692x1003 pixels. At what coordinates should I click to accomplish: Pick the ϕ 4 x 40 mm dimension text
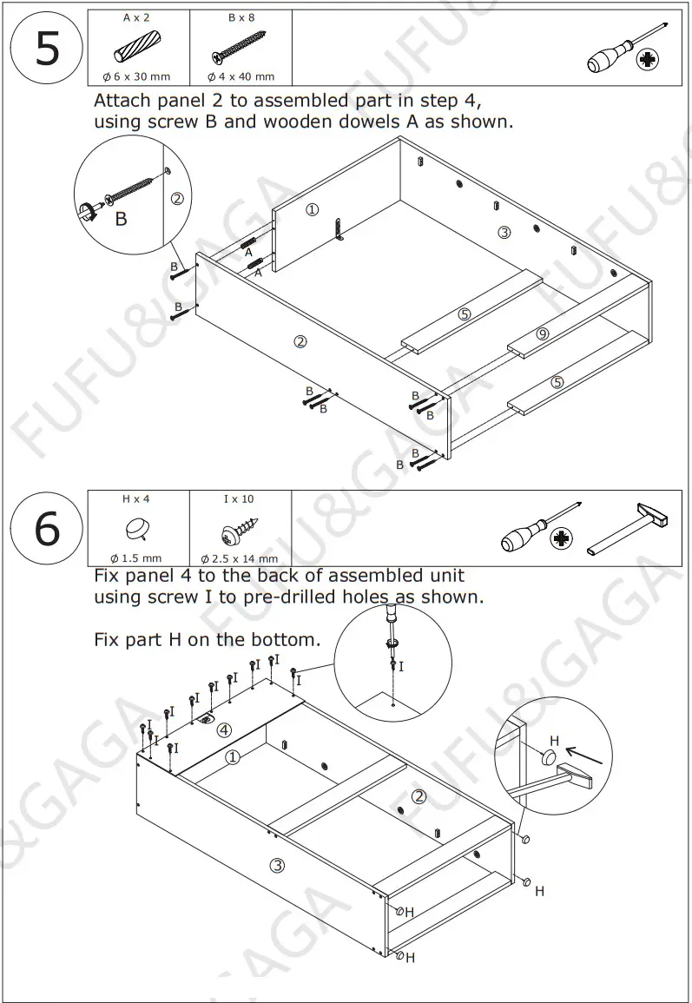[x=241, y=77]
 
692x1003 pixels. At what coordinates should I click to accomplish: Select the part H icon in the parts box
[x=137, y=527]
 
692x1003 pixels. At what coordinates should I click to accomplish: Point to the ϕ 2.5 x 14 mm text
[x=240, y=559]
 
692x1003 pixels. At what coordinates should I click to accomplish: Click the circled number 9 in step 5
[x=543, y=333]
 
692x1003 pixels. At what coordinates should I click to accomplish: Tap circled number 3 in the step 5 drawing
[x=504, y=231]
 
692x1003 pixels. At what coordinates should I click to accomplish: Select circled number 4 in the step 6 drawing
[x=223, y=729]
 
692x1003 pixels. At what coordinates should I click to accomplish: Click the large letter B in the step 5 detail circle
[x=121, y=220]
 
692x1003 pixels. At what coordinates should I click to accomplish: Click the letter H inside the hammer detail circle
[x=555, y=741]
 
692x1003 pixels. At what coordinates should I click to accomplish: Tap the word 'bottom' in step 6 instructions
[x=284, y=640]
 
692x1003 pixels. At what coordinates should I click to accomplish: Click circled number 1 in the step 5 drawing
[x=313, y=209]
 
